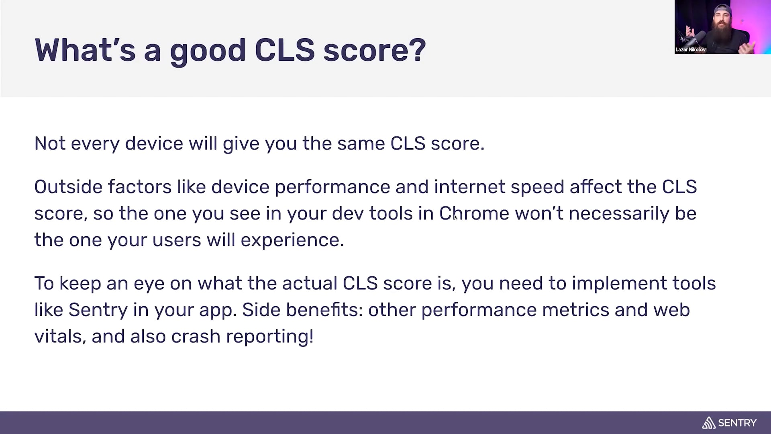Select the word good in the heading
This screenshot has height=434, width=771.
coord(208,52)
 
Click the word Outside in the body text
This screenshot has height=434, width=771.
coord(68,187)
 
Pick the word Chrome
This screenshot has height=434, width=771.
coord(474,213)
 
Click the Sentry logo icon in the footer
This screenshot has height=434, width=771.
coord(709,423)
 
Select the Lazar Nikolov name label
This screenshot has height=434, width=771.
coord(690,49)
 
